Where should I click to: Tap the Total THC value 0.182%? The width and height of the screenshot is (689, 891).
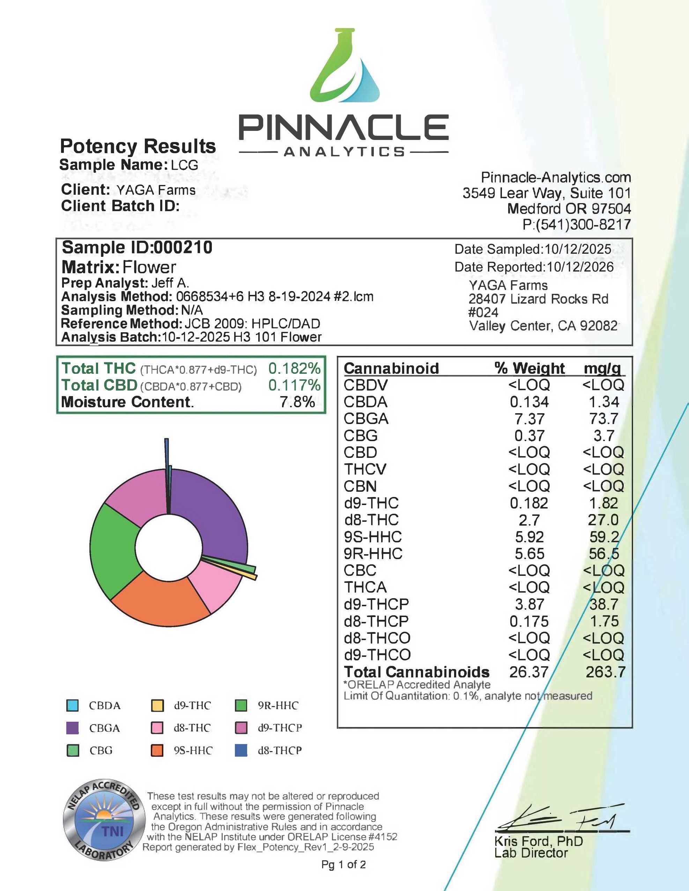pos(294,369)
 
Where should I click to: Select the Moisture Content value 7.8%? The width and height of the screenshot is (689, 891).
pos(297,402)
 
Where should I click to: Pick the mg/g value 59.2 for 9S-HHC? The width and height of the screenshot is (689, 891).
pos(604,537)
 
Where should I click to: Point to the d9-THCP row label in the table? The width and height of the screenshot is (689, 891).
pos(376,604)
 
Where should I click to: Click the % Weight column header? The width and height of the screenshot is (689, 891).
pos(529,369)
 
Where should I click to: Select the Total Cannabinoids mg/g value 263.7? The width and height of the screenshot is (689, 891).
pos(605,672)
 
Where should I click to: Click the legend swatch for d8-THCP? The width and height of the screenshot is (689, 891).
pos(241,751)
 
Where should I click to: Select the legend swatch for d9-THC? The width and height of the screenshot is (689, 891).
pos(157,706)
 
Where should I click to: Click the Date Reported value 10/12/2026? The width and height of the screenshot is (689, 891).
pos(580,267)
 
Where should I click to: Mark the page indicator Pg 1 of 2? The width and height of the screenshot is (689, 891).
pos(343,864)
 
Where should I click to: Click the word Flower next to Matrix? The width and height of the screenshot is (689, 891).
pos(149,268)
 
